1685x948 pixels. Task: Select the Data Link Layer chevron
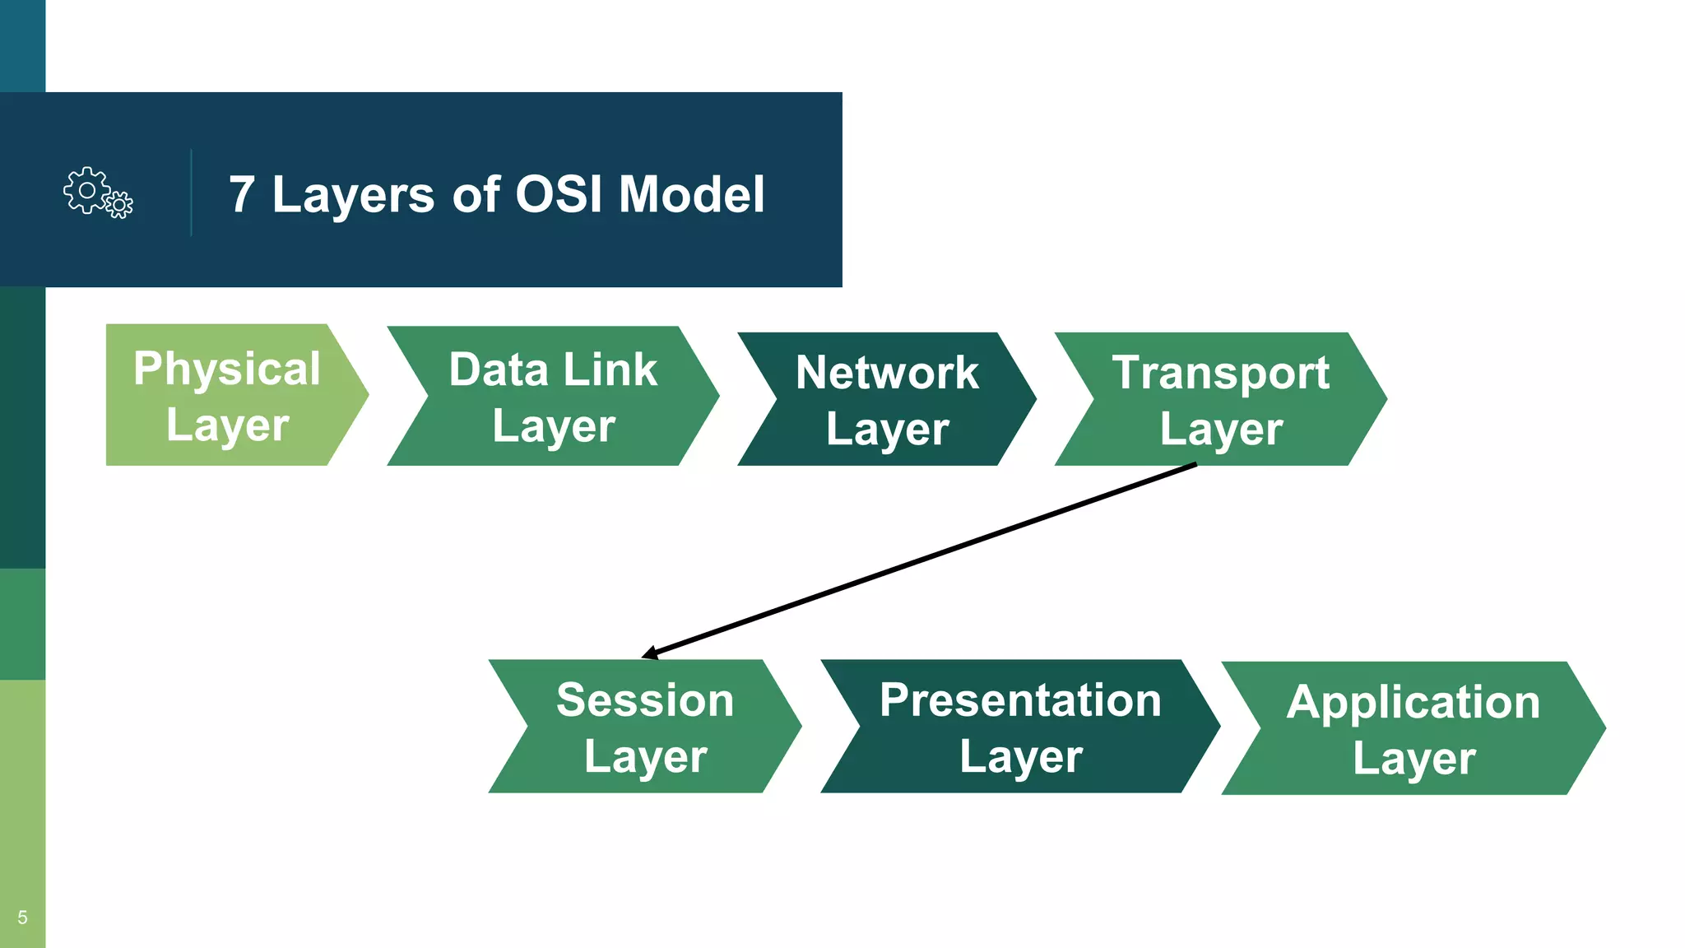(x=553, y=397)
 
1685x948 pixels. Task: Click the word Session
(x=644, y=700)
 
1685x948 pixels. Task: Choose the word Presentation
(x=1020, y=700)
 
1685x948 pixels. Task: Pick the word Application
(x=1413, y=702)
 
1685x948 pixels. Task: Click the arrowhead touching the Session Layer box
(x=649, y=653)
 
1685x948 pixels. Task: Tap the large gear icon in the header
(x=86, y=190)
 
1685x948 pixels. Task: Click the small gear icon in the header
(x=120, y=204)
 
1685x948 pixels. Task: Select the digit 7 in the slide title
(x=241, y=195)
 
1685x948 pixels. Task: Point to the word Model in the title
(x=691, y=195)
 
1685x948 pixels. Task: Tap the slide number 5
(x=22, y=918)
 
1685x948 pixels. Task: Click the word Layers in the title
(x=353, y=196)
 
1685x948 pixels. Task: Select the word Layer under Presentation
(x=1020, y=757)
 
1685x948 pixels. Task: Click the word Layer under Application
(x=1413, y=759)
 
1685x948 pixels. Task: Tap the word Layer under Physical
(x=227, y=425)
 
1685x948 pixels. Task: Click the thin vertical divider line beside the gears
(x=191, y=193)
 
